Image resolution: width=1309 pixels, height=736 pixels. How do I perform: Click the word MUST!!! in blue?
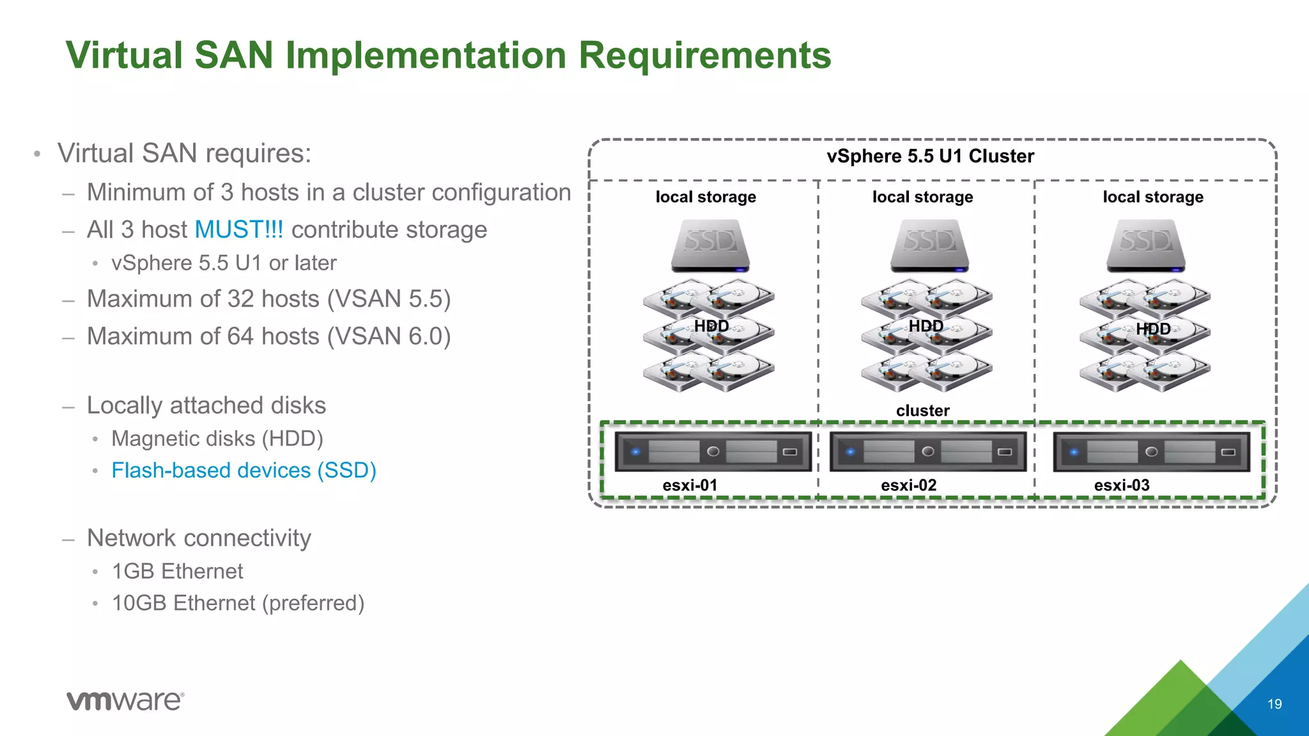tap(238, 230)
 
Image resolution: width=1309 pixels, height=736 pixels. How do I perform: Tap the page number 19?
tap(1274, 704)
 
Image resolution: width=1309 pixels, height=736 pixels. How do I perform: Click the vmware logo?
tap(125, 700)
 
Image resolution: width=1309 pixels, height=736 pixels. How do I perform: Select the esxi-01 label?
tap(690, 486)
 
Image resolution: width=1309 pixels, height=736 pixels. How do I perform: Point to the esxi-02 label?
tap(908, 486)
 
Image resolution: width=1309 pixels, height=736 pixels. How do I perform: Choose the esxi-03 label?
tap(1122, 486)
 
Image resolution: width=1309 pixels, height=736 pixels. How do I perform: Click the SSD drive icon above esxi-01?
tap(710, 246)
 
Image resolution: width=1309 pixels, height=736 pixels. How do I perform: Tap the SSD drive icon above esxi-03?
tap(1146, 246)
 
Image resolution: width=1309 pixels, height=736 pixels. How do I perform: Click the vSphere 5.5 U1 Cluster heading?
tap(930, 157)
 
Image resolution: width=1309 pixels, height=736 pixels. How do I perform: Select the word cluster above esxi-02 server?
tap(922, 411)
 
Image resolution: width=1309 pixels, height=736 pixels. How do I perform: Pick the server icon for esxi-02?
tap(927, 452)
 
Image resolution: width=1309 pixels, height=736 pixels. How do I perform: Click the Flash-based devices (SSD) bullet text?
tap(244, 471)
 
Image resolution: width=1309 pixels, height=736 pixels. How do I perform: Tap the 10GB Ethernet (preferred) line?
tap(238, 603)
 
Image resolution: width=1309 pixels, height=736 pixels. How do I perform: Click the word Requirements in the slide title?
tap(704, 55)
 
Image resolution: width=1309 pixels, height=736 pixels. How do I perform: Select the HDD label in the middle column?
tap(926, 326)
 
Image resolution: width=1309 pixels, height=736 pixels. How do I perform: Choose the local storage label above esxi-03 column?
tap(1152, 197)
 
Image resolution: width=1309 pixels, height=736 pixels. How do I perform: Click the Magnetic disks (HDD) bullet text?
tap(217, 439)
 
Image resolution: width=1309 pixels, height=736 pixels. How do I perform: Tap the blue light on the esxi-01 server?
tap(635, 452)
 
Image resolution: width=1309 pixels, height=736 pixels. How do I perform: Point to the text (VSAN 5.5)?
tap(389, 299)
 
